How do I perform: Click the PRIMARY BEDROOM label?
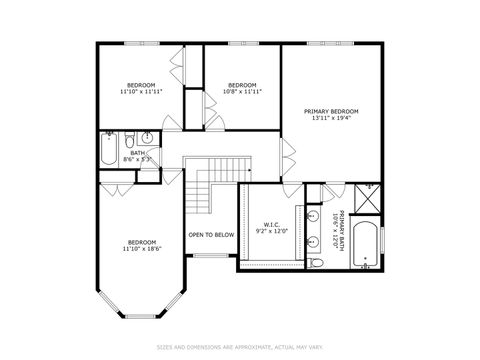pos(331,110)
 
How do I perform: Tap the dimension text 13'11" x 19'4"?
pos(331,119)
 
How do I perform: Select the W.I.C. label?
pos(272,224)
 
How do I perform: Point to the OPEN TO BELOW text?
pos(211,235)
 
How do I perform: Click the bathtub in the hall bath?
pos(108,150)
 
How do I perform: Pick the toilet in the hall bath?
pos(128,139)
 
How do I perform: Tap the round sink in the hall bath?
pos(148,139)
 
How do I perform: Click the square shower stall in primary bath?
pos(370,198)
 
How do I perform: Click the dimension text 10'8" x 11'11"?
pos(243,92)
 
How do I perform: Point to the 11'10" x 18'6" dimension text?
pos(141,249)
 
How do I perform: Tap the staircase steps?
pos(205,189)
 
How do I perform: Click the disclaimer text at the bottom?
pos(240,348)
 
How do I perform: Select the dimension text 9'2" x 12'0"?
pos(272,232)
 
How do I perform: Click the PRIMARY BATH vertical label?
pos(342,228)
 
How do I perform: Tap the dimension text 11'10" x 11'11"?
pos(141,92)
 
